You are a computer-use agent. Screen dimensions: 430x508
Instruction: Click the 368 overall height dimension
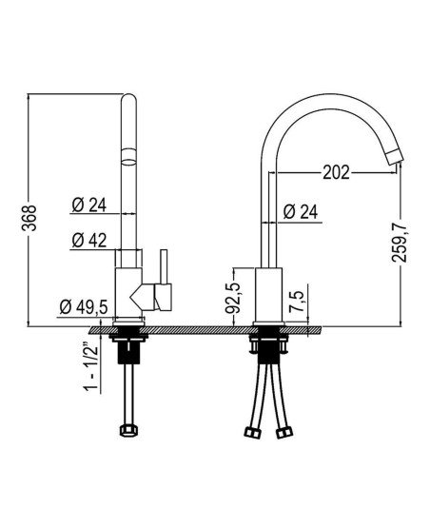[29, 218]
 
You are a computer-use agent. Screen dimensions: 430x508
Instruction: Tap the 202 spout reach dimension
[337, 172]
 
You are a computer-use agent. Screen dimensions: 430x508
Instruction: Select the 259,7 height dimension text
[400, 242]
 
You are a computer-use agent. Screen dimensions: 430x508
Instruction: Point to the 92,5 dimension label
[233, 298]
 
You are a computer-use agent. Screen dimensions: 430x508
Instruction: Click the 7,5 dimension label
[299, 302]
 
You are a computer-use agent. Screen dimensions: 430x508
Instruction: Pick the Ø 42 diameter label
[89, 241]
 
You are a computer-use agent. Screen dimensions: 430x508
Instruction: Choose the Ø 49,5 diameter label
[84, 307]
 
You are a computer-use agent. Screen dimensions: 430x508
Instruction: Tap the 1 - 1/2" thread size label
[91, 367]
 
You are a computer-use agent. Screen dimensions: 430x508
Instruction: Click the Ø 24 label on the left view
[89, 205]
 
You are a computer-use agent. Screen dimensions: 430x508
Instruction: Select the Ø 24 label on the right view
[301, 212]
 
